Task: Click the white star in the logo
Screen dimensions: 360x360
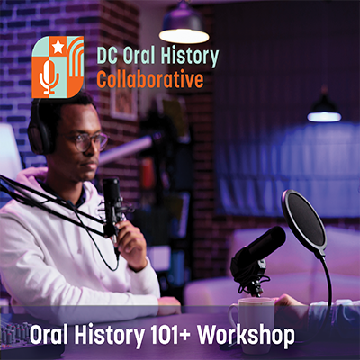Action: coord(58,47)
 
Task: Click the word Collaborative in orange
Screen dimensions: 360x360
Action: coord(150,79)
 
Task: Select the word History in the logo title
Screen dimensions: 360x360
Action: coord(189,56)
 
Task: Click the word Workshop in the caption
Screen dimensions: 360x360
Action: coord(246,335)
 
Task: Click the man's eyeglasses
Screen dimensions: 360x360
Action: coord(87,141)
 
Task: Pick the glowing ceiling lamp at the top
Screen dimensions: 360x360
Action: coord(184,28)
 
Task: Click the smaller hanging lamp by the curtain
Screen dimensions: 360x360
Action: coord(324,110)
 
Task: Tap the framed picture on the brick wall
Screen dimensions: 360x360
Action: coord(124,92)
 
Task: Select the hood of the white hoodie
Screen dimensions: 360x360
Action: coord(42,180)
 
